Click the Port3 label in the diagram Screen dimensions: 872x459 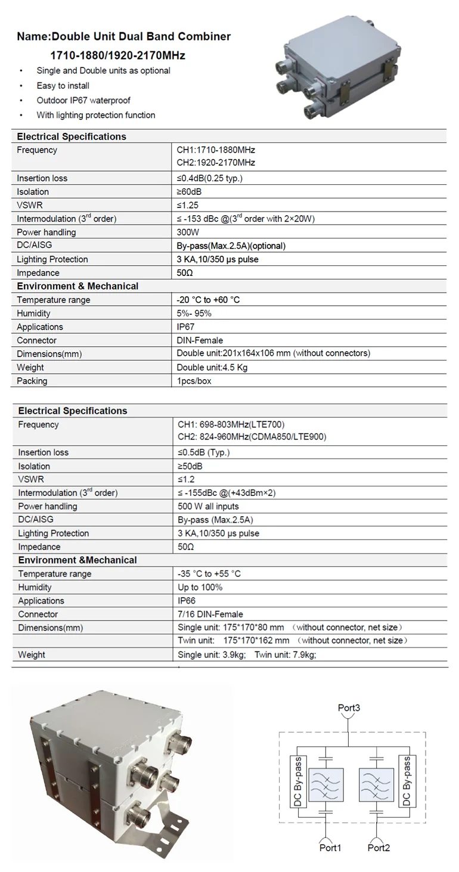pos(349,708)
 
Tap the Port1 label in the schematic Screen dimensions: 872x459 pos(331,848)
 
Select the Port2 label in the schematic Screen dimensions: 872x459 pos(379,848)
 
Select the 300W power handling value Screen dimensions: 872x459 pos(188,232)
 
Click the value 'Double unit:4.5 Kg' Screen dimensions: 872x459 pos(212,367)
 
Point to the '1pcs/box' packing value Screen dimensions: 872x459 pos(194,381)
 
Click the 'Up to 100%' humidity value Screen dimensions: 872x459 pos(200,587)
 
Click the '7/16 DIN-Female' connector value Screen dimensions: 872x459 pos(210,614)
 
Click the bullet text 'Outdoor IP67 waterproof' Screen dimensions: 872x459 pos(83,101)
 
